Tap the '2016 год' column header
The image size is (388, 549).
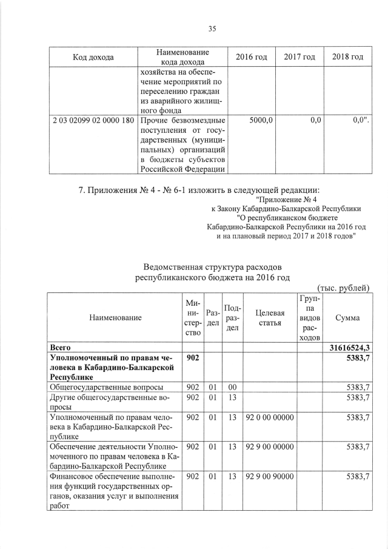tap(251, 57)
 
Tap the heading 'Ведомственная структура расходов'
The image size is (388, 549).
tap(212, 267)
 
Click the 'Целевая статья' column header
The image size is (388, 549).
tap(270, 318)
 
